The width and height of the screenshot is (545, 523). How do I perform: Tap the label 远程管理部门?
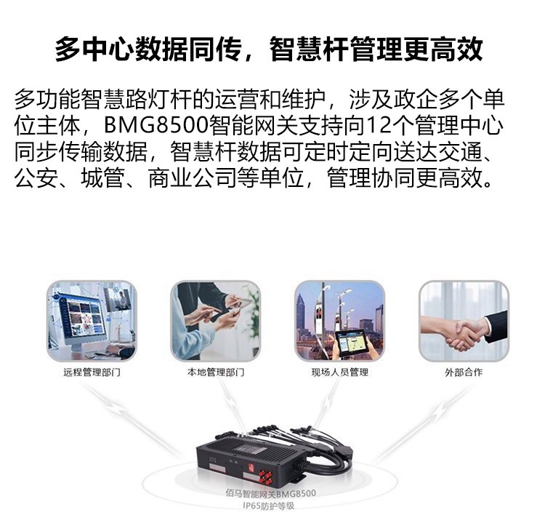[92, 372]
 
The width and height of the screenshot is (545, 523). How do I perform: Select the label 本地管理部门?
[216, 372]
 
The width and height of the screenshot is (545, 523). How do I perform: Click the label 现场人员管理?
[339, 372]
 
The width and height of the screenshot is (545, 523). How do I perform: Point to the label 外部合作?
[464, 372]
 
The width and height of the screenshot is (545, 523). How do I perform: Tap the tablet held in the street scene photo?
[351, 342]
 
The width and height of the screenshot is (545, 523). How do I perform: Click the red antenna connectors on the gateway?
[265, 477]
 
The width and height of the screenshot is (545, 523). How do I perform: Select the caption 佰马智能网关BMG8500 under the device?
[270, 493]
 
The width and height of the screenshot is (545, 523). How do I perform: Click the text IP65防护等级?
[268, 506]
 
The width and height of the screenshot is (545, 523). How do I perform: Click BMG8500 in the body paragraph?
[156, 125]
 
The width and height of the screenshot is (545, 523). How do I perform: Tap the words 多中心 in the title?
[94, 49]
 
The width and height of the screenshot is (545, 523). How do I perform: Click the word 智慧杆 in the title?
[309, 49]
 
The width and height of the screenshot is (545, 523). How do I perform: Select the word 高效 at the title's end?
[457, 49]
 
